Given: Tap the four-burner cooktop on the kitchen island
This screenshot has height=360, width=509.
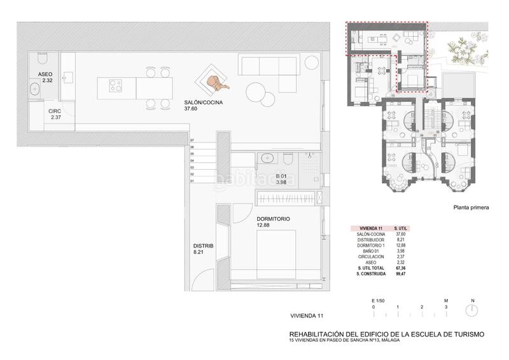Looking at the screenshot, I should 116,85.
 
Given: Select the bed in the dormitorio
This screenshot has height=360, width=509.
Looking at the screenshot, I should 280,254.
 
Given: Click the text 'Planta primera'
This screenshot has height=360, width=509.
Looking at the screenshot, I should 471,207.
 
